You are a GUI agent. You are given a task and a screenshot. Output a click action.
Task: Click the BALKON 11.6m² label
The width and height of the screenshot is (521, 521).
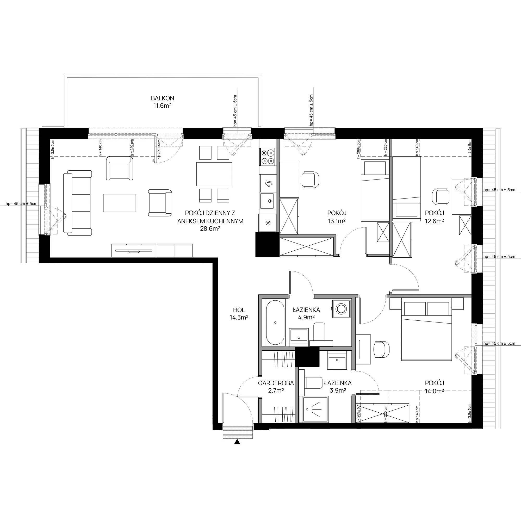pyautogui.click(x=162, y=102)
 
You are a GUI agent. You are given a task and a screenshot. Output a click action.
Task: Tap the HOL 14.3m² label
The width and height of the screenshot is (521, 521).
pyautogui.click(x=239, y=314)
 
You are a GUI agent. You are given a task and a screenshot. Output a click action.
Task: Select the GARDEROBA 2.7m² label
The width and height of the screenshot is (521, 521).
pyautogui.click(x=276, y=386)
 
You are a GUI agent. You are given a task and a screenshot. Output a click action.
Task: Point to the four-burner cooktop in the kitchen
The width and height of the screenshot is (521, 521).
pyautogui.click(x=268, y=157)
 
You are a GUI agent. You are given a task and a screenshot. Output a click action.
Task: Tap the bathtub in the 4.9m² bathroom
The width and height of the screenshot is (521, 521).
pyautogui.click(x=275, y=322)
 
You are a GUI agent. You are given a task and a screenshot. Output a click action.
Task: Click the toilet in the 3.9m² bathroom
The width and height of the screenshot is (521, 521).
pyautogui.click(x=313, y=383)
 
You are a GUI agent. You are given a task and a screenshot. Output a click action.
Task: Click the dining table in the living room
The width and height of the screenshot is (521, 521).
pyautogui.click(x=214, y=174)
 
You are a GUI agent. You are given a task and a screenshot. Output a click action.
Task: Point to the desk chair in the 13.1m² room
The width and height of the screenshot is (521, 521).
pyautogui.click(x=311, y=179)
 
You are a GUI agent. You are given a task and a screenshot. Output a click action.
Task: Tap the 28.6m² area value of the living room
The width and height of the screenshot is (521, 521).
pyautogui.click(x=210, y=229)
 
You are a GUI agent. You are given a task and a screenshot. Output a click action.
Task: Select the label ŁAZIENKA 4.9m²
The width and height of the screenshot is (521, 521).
pyautogui.click(x=306, y=313)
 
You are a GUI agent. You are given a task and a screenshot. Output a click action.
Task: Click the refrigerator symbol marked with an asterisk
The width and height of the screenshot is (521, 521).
pyautogui.click(x=268, y=222)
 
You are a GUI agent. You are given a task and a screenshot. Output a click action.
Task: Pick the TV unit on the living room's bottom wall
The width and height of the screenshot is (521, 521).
pyautogui.click(x=152, y=250)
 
